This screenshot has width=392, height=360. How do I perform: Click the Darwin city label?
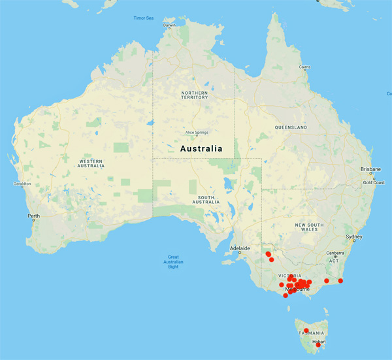pos(169,25)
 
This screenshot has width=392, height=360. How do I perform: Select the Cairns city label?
pos(304,67)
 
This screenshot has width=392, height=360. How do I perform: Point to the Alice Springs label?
pos(196,132)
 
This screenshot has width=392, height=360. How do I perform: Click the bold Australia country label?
pos(201,148)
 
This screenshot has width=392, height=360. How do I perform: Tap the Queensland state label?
pos(291,127)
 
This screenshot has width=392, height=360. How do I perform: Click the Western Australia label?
pos(91,163)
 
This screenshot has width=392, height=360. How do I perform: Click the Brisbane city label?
pos(370,169)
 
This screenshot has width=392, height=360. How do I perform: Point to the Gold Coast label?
pos(374,182)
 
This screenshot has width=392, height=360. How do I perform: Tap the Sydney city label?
pos(353,237)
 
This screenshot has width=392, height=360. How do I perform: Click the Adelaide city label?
pos(241,248)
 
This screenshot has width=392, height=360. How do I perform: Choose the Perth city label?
pos(33,216)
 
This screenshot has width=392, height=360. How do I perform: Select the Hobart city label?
pos(319,341)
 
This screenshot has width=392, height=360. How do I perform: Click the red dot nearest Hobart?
pos(318,345)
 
